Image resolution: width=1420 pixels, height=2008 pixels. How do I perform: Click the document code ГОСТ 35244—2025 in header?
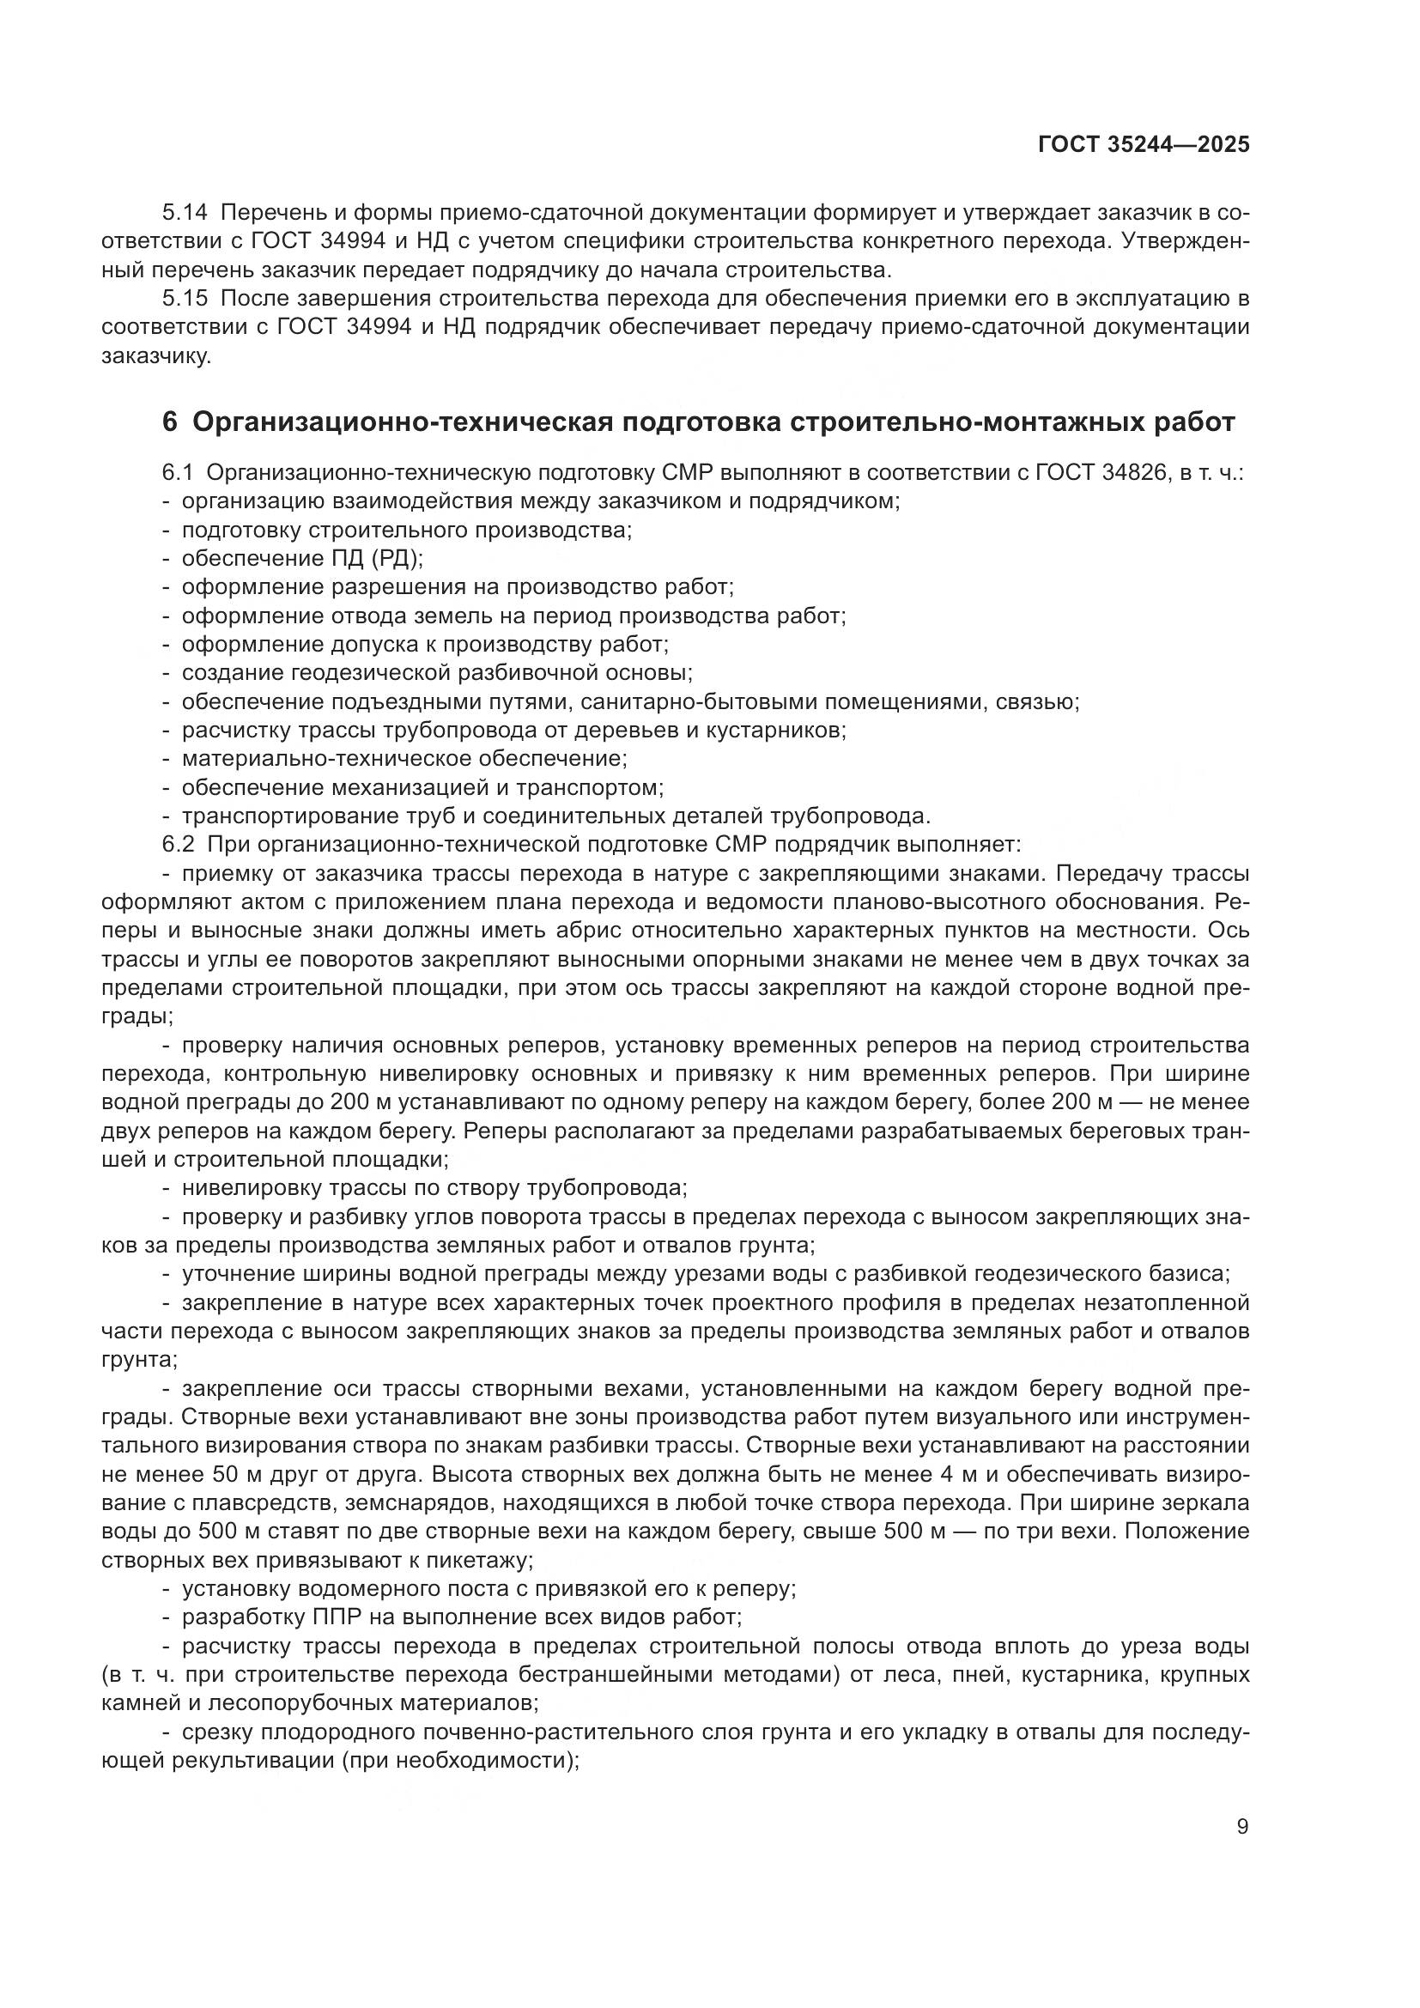tap(1143, 145)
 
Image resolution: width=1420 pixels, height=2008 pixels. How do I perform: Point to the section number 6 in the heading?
tap(170, 422)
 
